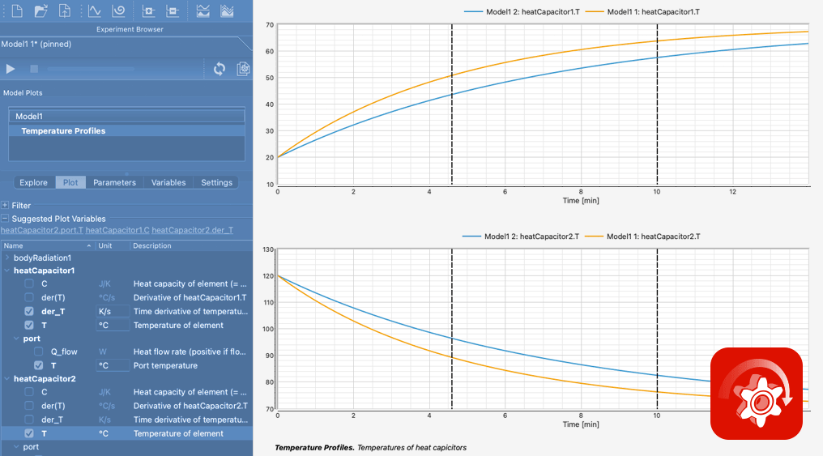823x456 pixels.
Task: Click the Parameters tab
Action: (x=114, y=182)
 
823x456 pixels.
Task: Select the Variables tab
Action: (x=168, y=182)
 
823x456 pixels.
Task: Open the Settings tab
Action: (x=216, y=182)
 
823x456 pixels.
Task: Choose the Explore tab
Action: (x=33, y=182)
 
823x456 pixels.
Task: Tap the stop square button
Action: (x=34, y=69)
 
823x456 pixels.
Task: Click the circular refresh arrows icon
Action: (x=220, y=69)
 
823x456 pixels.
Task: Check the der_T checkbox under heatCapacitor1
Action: (x=29, y=311)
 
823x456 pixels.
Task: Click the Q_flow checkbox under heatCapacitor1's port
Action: (x=38, y=352)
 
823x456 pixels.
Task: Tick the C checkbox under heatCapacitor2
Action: (x=29, y=392)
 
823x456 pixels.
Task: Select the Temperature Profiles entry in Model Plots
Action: (x=63, y=130)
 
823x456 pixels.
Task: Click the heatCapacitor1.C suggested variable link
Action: (x=117, y=230)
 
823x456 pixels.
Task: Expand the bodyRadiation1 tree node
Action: (x=6, y=258)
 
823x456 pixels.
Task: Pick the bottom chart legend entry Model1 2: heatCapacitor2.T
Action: (x=521, y=237)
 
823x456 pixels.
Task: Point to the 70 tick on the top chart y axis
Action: (x=269, y=24)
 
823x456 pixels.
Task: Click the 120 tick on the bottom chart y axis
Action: (x=268, y=275)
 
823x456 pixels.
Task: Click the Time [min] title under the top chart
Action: (x=581, y=200)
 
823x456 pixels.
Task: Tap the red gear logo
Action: (x=757, y=394)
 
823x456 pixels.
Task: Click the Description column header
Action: (x=151, y=245)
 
